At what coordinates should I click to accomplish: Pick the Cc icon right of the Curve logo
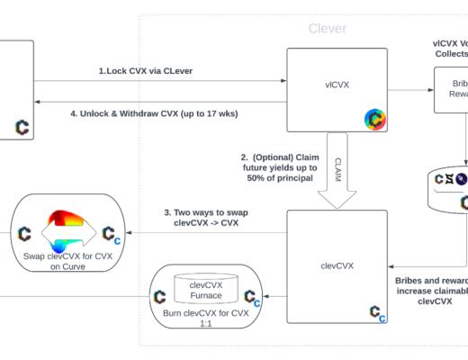109,235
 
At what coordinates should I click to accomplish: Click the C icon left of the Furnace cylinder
158,296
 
